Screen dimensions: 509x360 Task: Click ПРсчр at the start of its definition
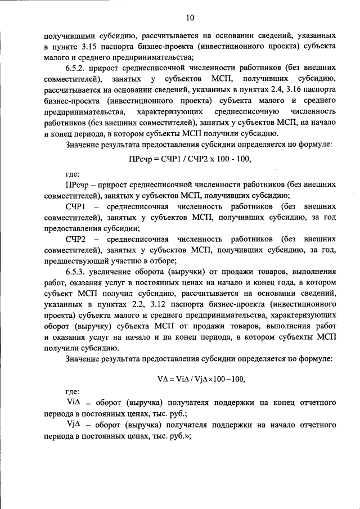point(78,184)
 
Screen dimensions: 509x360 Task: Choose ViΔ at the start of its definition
point(75,403)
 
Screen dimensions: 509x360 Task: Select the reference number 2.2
point(138,305)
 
